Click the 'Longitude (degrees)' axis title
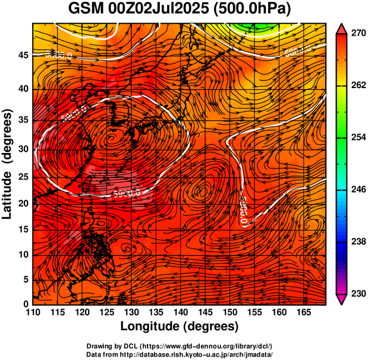(x=180, y=326)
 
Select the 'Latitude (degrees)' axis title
(x=8, y=164)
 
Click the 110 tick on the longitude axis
(x=33, y=312)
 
